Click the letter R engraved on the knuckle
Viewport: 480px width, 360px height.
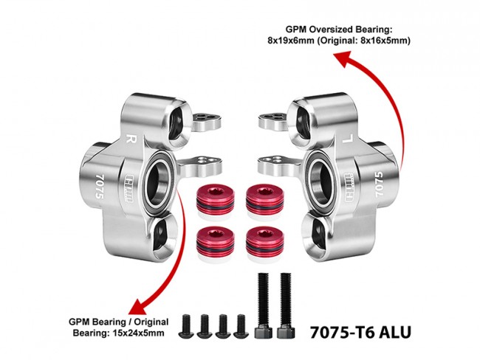[x=132, y=139]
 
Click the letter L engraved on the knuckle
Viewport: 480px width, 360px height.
[x=347, y=139]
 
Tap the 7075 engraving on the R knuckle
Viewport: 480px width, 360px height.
[x=100, y=187]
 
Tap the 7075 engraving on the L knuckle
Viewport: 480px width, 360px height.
[x=379, y=184]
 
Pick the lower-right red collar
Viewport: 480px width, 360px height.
[x=265, y=243]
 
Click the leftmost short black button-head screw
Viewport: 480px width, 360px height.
[x=187, y=326]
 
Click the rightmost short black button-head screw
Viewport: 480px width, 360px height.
[x=241, y=326]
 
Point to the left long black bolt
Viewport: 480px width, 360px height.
[x=264, y=305]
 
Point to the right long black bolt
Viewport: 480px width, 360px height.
[x=286, y=305]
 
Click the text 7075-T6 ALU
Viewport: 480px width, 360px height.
[x=360, y=332]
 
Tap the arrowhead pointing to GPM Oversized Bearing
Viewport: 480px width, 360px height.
[x=343, y=58]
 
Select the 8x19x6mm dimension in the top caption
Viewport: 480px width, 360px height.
[x=291, y=41]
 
